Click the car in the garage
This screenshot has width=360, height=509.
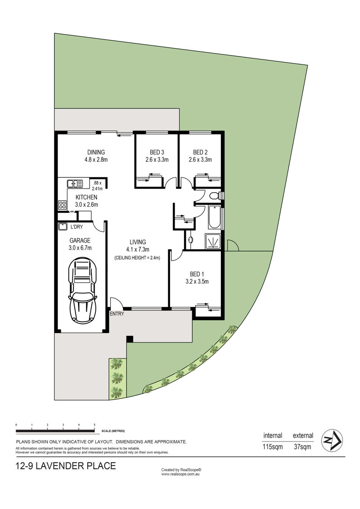coord(82,290)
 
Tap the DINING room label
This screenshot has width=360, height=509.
coord(96,152)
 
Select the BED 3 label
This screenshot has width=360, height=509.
coord(157,152)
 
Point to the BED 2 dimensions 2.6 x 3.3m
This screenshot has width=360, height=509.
coord(200,159)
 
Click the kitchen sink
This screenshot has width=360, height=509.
coord(75,184)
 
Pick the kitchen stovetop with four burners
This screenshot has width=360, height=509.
coord(63,204)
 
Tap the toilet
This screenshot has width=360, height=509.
coord(215,196)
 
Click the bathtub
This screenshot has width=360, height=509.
coord(214,217)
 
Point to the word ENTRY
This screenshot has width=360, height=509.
coord(117,314)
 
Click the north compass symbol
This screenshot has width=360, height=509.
coord(332,440)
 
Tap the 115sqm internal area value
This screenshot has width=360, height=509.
coord(273,447)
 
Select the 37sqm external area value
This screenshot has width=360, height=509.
coord(302,447)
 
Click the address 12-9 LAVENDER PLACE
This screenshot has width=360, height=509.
coord(66,466)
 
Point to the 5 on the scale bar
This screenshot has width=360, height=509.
coord(94,424)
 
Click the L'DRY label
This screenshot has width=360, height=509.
coord(76,226)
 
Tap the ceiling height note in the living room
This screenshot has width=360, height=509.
coord(137,258)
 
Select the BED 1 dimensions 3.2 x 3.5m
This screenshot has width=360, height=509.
coord(197,281)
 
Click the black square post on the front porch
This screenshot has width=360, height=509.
coord(130,338)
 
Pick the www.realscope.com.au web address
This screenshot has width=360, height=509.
coord(180,474)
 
